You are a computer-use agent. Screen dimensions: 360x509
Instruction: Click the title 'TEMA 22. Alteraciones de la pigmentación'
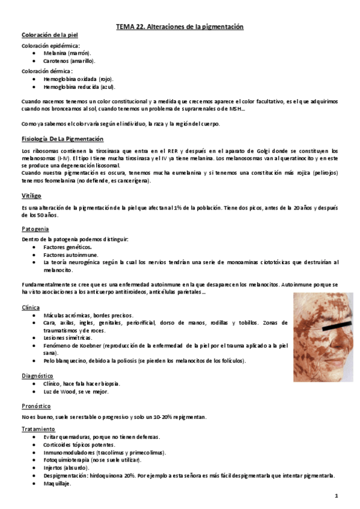click(179, 27)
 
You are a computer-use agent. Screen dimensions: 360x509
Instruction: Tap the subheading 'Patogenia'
click(35, 229)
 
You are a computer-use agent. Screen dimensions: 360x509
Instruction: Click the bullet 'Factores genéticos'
click(67, 247)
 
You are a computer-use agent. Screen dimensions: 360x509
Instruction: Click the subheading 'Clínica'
click(31, 307)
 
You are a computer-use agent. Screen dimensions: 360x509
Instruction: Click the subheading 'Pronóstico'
click(36, 405)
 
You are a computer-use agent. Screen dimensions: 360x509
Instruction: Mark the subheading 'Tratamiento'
click(38, 429)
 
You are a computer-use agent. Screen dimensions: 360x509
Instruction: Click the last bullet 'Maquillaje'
click(56, 483)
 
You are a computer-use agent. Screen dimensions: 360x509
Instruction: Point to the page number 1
click(337, 496)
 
